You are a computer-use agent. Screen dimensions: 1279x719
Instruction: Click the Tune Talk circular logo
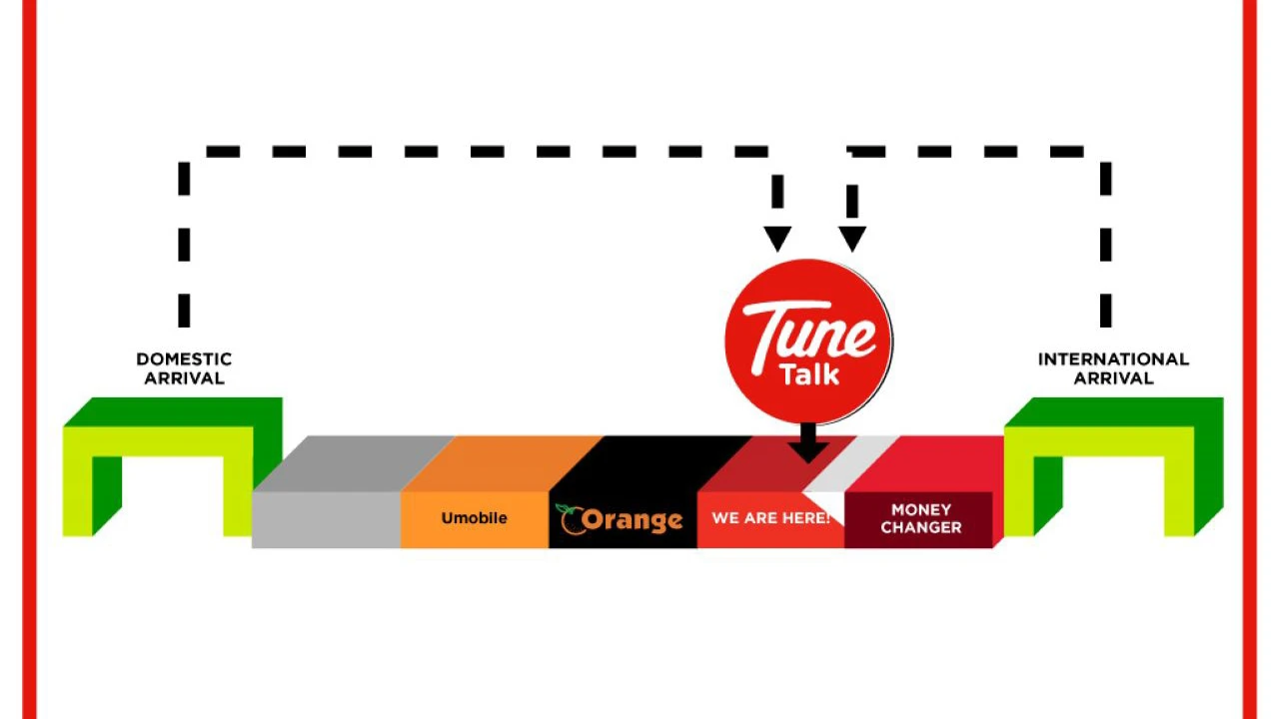pyautogui.click(x=808, y=342)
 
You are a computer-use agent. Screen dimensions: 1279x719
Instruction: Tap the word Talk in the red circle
pyautogui.click(x=809, y=374)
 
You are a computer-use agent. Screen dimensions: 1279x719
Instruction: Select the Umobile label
pyautogui.click(x=474, y=518)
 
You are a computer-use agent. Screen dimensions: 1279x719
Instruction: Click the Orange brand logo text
pyautogui.click(x=633, y=520)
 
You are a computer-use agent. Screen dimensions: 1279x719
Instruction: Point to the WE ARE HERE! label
pyautogui.click(x=770, y=518)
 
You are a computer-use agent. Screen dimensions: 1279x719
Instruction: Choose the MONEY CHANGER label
pyautogui.click(x=921, y=518)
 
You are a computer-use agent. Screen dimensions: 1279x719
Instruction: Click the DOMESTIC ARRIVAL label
pyautogui.click(x=184, y=368)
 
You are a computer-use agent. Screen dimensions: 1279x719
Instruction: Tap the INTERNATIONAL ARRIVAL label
pyautogui.click(x=1113, y=368)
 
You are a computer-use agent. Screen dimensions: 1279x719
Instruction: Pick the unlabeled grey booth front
pyautogui.click(x=326, y=520)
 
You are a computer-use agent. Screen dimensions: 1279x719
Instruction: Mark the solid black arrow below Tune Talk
pyautogui.click(x=808, y=442)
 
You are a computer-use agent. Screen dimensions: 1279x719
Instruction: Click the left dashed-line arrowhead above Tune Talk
pyautogui.click(x=777, y=238)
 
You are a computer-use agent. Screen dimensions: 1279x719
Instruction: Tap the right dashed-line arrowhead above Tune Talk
pyautogui.click(x=852, y=238)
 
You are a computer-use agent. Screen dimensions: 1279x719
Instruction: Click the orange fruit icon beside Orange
pyautogui.click(x=571, y=520)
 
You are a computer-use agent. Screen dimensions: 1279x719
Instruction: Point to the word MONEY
pyautogui.click(x=921, y=509)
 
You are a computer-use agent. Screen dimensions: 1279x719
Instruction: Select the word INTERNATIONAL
pyautogui.click(x=1113, y=359)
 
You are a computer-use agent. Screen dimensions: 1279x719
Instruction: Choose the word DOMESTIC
pyautogui.click(x=184, y=359)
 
